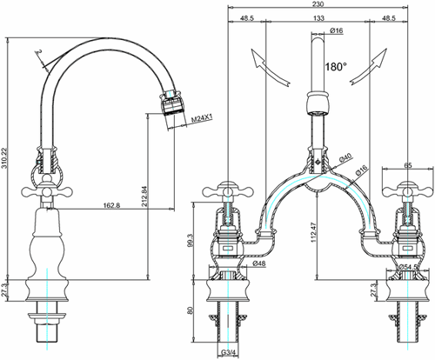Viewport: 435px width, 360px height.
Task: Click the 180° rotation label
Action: tap(336, 66)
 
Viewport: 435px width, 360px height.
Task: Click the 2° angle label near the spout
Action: tap(39, 53)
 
